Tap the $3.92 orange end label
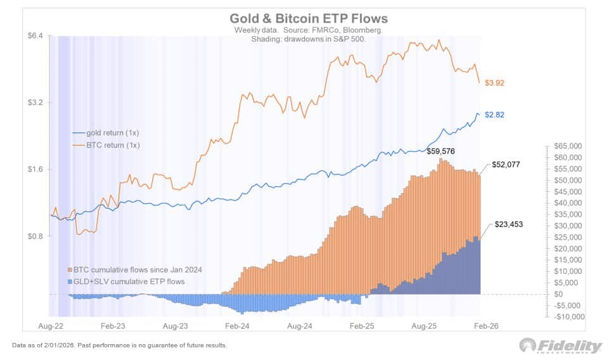[494, 83]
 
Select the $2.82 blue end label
[494, 115]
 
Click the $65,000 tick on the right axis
[568, 146]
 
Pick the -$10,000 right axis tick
[567, 317]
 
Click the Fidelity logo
[560, 346]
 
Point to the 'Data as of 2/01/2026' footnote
[119, 346]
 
